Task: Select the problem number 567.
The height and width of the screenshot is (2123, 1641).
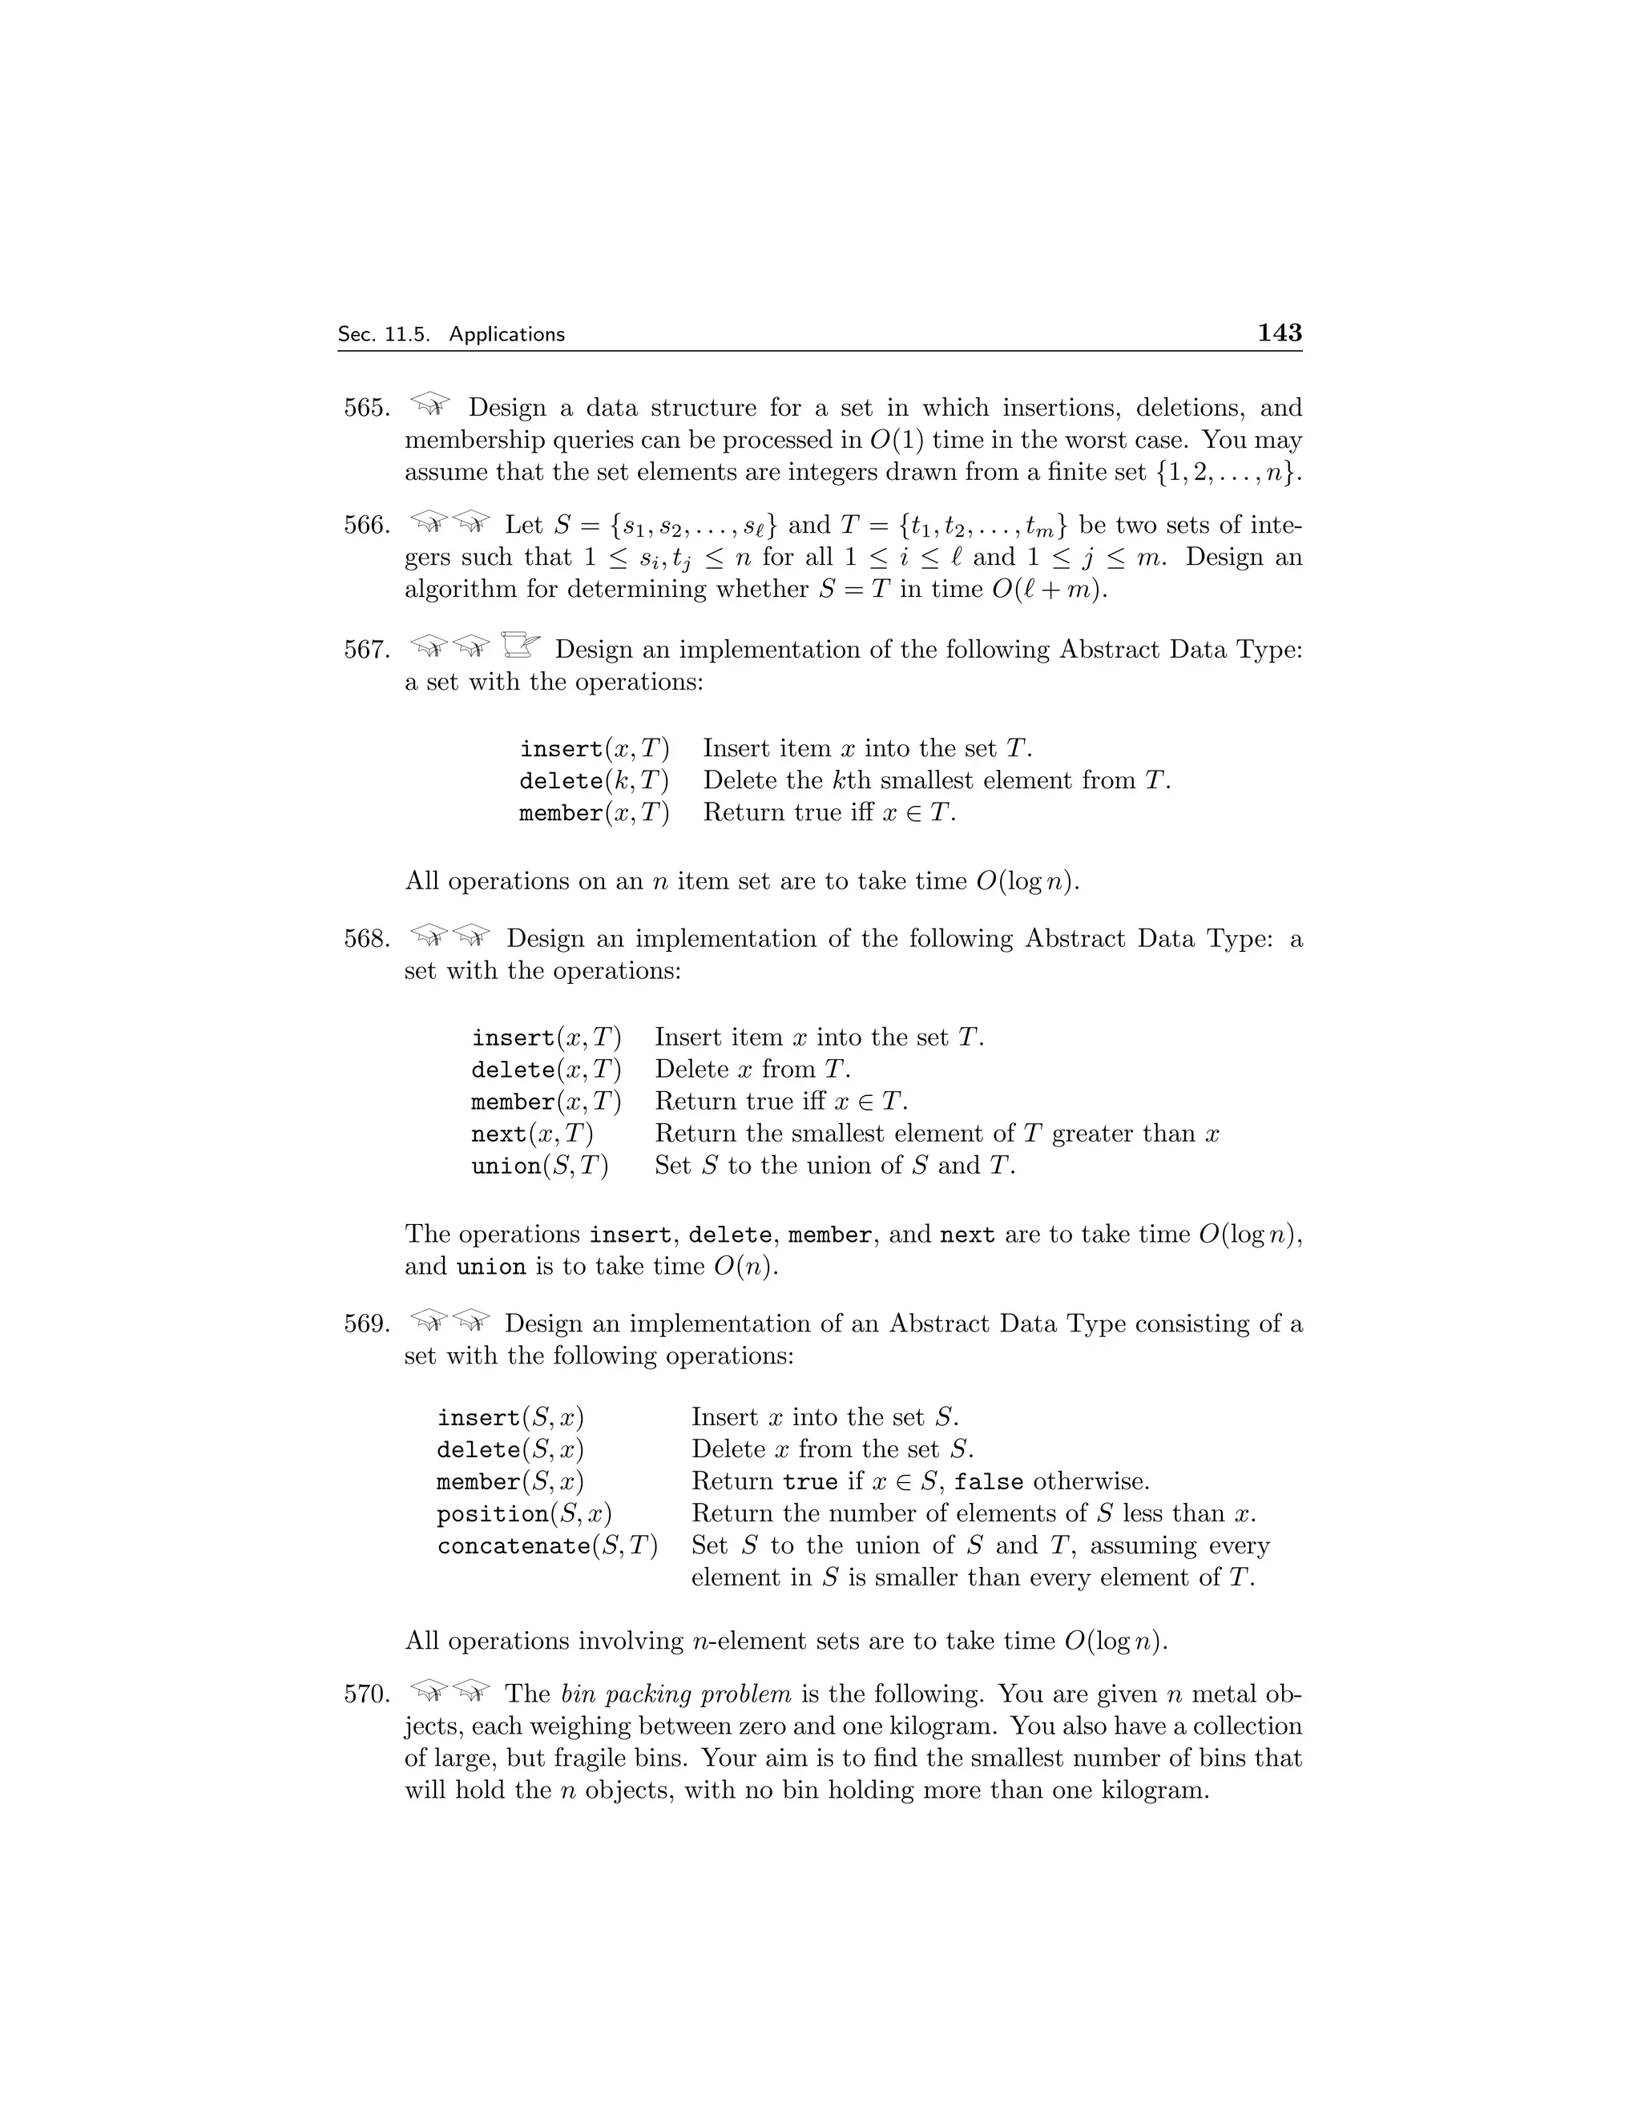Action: [366, 650]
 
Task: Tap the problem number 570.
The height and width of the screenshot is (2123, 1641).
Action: [366, 1694]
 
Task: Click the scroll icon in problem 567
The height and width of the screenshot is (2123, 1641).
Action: [520, 643]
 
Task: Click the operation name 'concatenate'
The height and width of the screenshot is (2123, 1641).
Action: [514, 1546]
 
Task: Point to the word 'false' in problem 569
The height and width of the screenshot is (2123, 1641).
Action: [989, 1482]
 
